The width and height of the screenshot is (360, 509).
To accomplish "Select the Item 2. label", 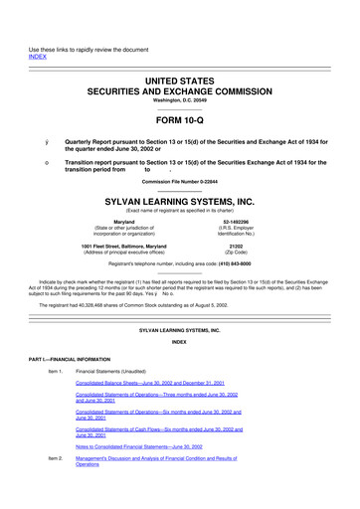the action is coord(60,458).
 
